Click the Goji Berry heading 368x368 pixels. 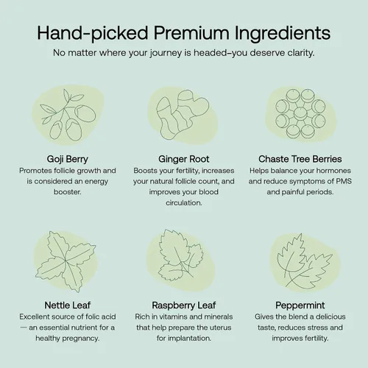point(68,159)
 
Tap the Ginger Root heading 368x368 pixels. point(184,159)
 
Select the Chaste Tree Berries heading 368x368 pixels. point(300,159)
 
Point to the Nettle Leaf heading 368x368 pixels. point(68,305)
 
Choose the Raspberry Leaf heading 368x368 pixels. point(184,305)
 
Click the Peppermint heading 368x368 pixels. point(300,305)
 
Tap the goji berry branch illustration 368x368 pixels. point(68,115)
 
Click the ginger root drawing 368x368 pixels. point(183,115)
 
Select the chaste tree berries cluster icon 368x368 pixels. point(300,114)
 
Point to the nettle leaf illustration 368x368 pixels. point(66,261)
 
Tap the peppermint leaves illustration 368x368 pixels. point(305,261)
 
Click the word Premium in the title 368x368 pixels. point(191,32)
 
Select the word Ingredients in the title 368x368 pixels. point(283,34)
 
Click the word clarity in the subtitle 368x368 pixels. point(300,53)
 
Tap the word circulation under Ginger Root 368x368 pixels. point(184,203)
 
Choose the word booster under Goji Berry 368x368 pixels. point(68,192)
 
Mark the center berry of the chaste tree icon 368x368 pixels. point(300,114)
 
